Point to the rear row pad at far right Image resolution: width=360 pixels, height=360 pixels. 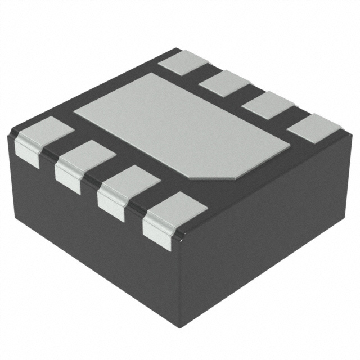tap(314, 128)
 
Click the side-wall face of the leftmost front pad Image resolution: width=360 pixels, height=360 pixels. tap(26, 153)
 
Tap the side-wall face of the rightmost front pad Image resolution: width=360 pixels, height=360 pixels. tap(157, 235)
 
